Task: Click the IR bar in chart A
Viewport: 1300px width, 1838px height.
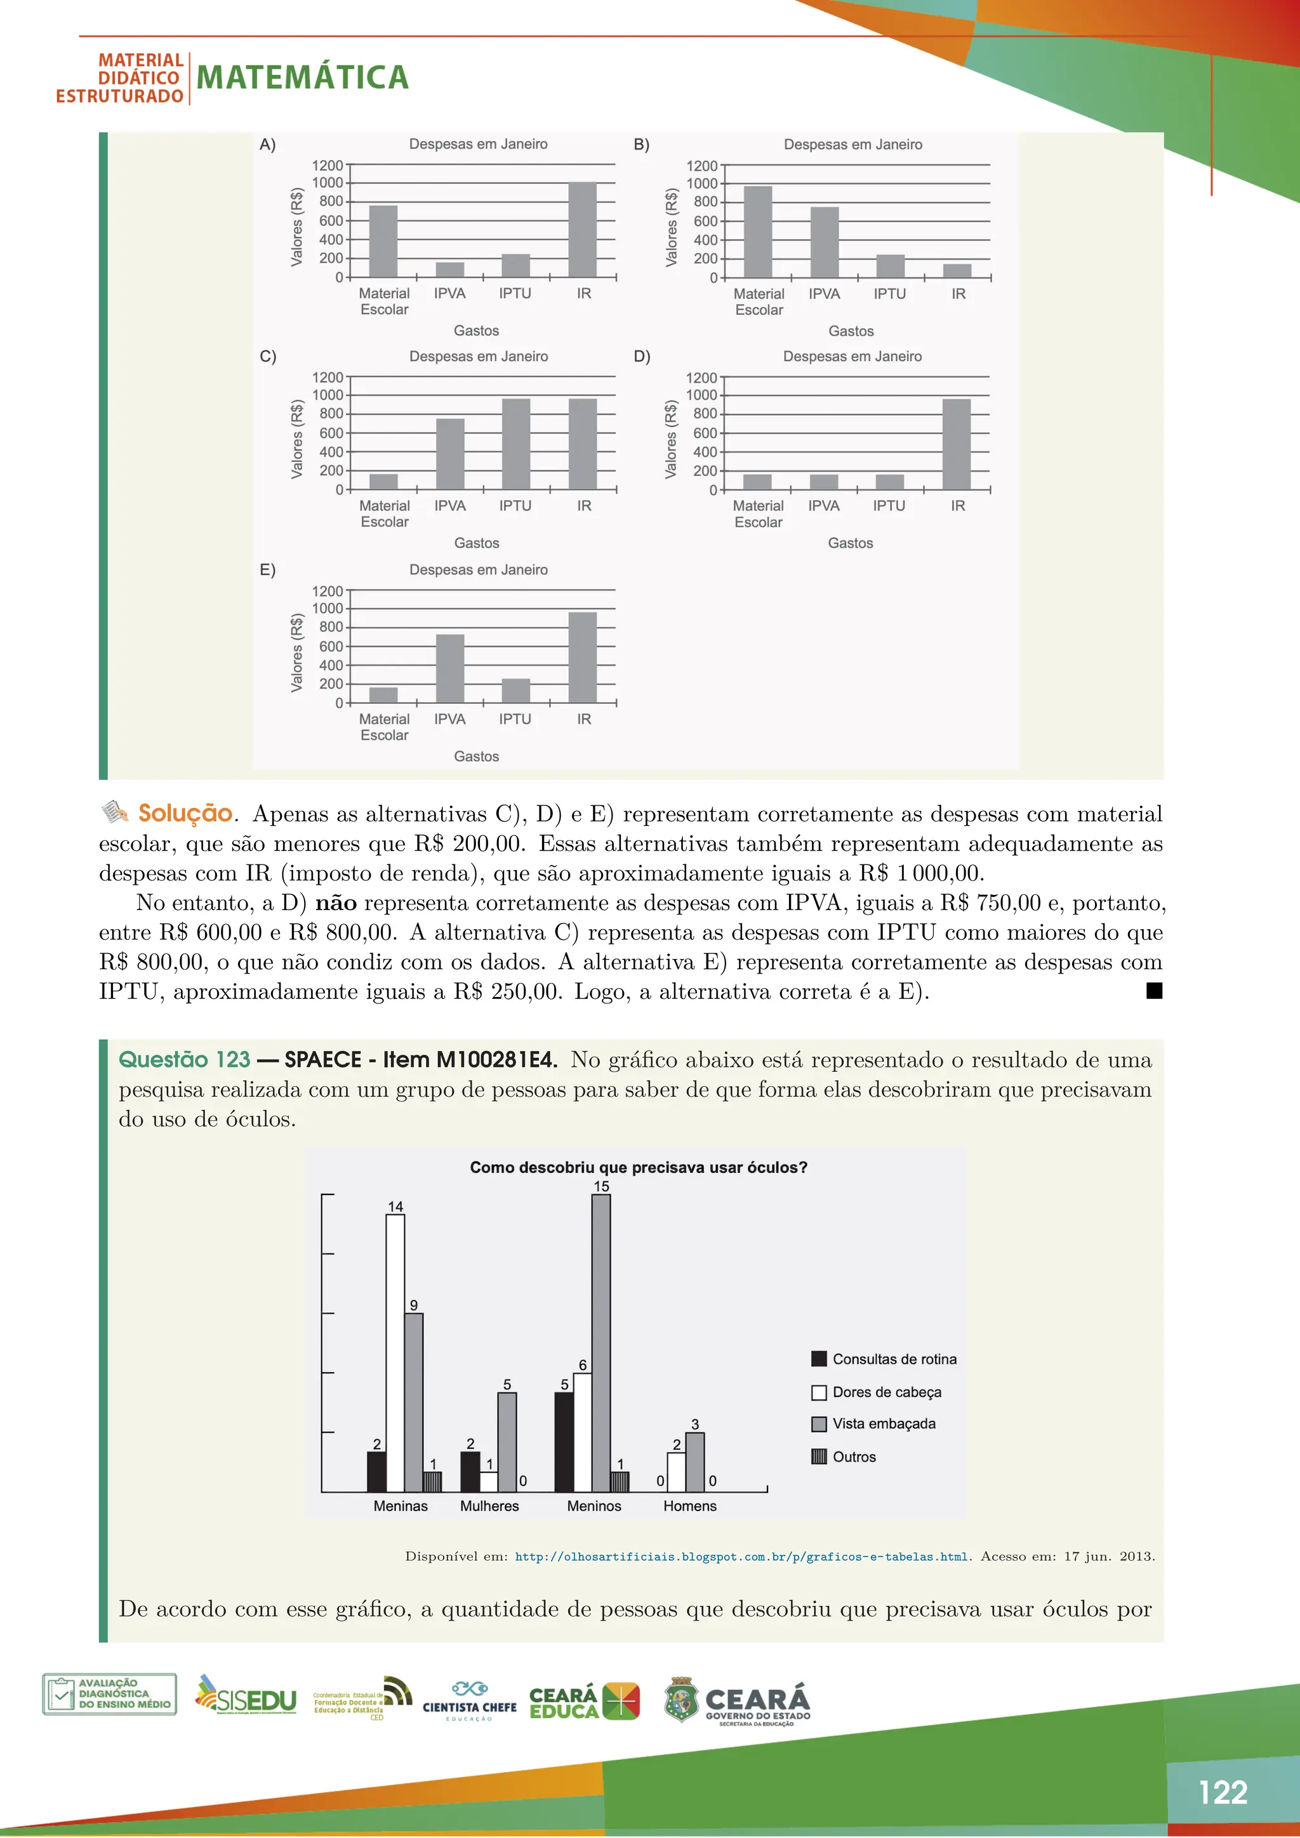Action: click(x=582, y=230)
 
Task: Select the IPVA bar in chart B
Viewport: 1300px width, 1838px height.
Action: click(x=825, y=242)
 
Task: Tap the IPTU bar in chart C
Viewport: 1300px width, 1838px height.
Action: click(x=515, y=444)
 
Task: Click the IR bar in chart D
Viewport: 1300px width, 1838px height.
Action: click(x=956, y=444)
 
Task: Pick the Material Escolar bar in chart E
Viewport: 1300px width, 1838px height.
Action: click(x=383, y=694)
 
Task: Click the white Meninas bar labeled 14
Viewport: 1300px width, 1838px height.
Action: click(x=395, y=1353)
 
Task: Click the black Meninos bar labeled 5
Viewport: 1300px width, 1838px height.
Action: click(x=564, y=1442)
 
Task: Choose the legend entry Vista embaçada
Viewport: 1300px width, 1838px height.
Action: click(x=883, y=1424)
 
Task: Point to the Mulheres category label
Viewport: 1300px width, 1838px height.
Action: click(x=489, y=1506)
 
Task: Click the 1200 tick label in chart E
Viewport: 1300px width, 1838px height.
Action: click(x=327, y=592)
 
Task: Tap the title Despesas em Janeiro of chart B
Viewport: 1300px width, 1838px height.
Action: click(x=852, y=145)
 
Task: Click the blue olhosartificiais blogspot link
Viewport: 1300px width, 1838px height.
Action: click(x=741, y=1557)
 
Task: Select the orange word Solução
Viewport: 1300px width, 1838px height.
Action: click(x=185, y=814)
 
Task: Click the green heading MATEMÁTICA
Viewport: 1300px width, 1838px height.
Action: click(x=303, y=77)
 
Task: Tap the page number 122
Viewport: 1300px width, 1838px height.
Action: click(x=1223, y=1792)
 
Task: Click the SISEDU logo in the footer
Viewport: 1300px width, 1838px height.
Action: click(x=246, y=1695)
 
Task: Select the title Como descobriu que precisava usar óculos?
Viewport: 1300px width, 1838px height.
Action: click(x=638, y=1167)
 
